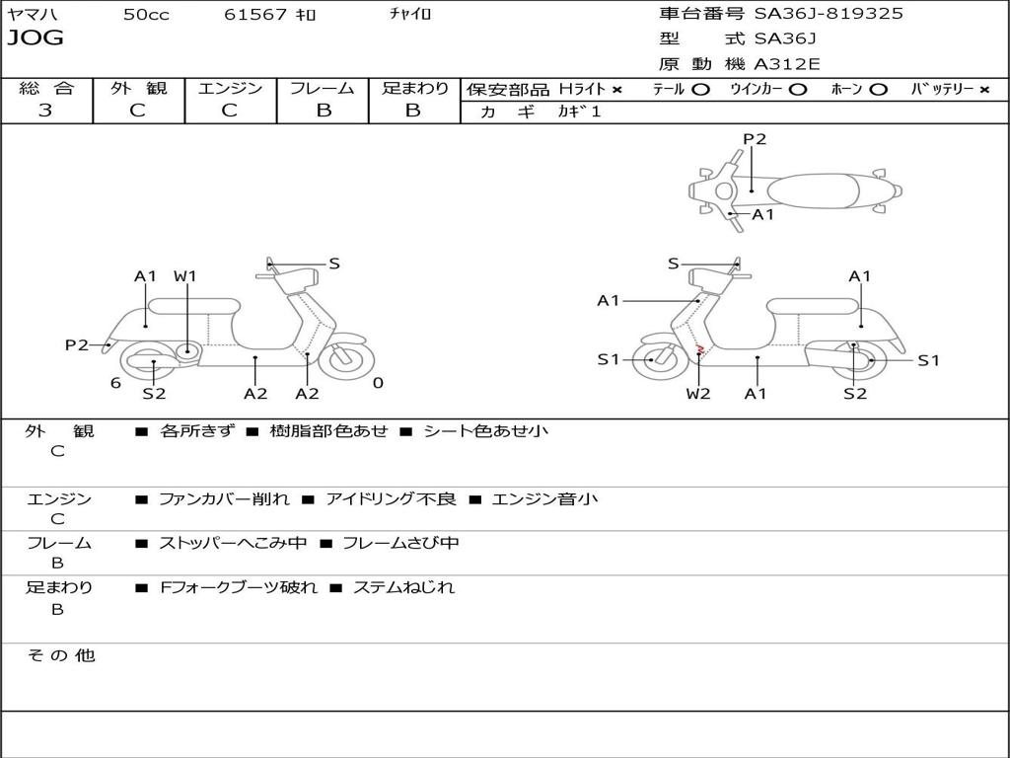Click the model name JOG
(x=36, y=38)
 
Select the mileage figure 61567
(x=255, y=14)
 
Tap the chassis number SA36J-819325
(x=829, y=14)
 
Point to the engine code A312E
(x=787, y=65)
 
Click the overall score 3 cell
(x=45, y=111)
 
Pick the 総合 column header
(x=46, y=89)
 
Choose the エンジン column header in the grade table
(x=230, y=89)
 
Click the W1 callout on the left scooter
(x=185, y=276)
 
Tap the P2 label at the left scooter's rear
(x=77, y=344)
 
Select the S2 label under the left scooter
(x=154, y=394)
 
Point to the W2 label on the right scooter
(x=698, y=394)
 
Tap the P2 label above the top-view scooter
(x=755, y=139)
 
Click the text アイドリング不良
(x=392, y=499)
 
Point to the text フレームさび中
(x=400, y=543)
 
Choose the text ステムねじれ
(x=403, y=587)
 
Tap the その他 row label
(x=61, y=655)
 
